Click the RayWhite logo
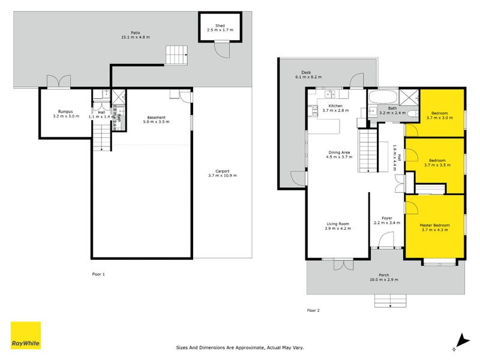26,335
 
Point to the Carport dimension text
223,176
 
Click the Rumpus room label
65,112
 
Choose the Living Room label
337,224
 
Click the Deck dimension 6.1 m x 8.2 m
309,77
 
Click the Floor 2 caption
313,310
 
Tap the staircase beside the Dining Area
367,152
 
